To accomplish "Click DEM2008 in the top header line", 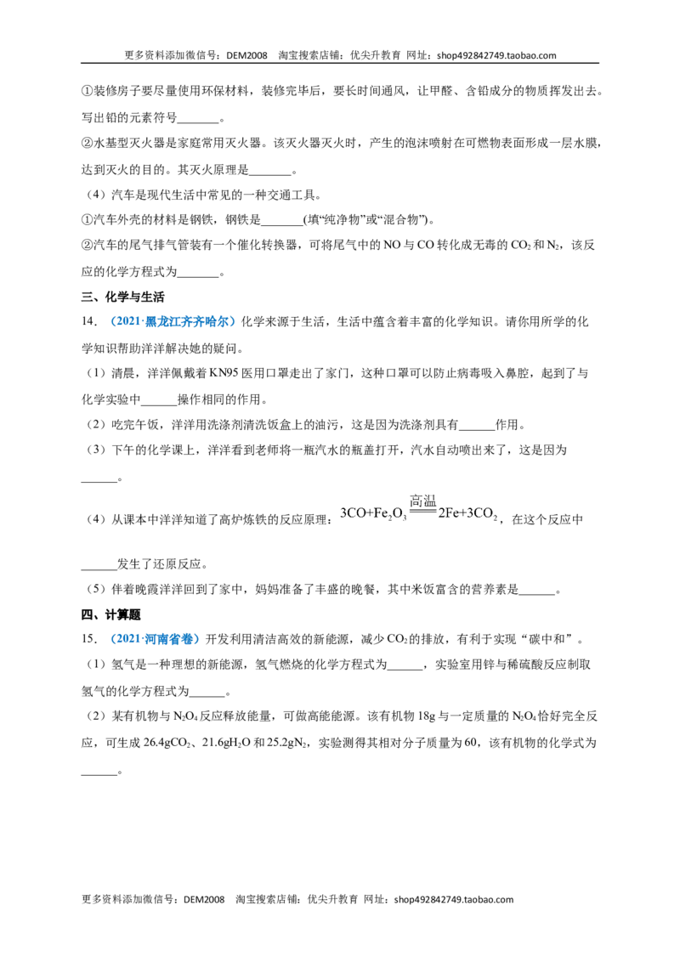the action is click(x=246, y=55).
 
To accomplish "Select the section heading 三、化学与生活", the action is click(x=122, y=297).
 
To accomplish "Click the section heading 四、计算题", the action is click(x=111, y=614).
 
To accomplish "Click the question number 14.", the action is click(x=89, y=321).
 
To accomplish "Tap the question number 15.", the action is click(x=89, y=639).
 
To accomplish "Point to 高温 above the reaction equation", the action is click(x=422, y=501).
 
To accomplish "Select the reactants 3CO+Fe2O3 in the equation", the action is click(x=373, y=515).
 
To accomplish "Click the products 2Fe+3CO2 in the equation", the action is click(x=467, y=515).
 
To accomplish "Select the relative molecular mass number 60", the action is click(x=471, y=743).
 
